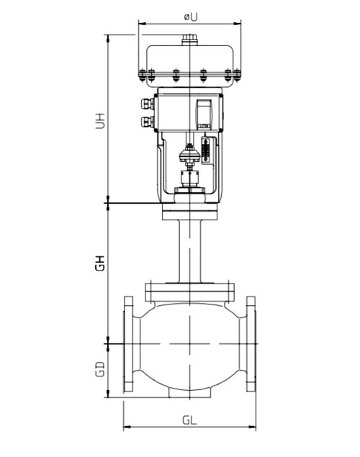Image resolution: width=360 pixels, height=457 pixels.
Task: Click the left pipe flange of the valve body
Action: (x=128, y=344)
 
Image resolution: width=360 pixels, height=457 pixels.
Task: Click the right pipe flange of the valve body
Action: (x=251, y=344)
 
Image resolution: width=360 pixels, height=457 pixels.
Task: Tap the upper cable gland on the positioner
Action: (x=147, y=102)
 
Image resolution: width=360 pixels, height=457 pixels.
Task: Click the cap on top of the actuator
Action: (x=189, y=40)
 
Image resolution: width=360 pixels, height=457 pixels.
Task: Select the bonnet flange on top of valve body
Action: (x=189, y=291)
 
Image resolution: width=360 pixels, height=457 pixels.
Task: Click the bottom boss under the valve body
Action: (x=189, y=394)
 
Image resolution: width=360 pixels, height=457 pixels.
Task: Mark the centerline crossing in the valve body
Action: (x=189, y=344)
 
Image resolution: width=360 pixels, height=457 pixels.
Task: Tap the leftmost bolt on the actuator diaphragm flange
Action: (x=142, y=73)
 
